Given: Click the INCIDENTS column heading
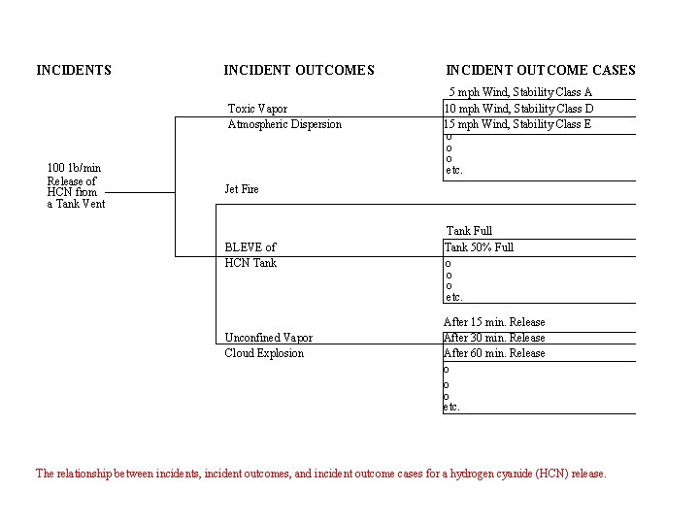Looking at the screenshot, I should coord(74,70).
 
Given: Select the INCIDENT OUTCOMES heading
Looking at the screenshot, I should coord(298,70).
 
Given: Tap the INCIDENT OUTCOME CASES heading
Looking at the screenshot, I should coord(540,70).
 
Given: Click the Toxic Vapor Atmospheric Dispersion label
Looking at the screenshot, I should coord(283,116).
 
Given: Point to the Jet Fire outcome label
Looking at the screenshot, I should coord(242,189).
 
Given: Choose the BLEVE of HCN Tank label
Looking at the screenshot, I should coord(250,255).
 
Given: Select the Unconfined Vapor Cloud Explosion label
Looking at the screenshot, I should coord(268,345).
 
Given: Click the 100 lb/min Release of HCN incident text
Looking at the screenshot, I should coord(76,185).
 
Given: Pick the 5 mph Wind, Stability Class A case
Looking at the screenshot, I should coord(519,92).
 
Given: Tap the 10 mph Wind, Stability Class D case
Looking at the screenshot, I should coord(518,108).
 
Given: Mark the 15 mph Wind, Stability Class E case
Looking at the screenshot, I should coord(517,124).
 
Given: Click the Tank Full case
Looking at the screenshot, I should coord(469,231).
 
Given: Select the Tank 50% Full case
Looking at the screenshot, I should coord(479,247).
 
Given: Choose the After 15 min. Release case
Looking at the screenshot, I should coord(494,322).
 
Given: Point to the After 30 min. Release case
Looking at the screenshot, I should coord(494,338).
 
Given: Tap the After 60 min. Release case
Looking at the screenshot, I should coord(494,353).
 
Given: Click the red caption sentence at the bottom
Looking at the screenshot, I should coord(320,474).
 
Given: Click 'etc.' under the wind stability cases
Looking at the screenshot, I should coord(454,171).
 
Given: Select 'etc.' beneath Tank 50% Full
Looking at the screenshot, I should coord(453,297).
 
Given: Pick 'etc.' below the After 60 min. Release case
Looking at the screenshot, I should coord(452,408).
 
